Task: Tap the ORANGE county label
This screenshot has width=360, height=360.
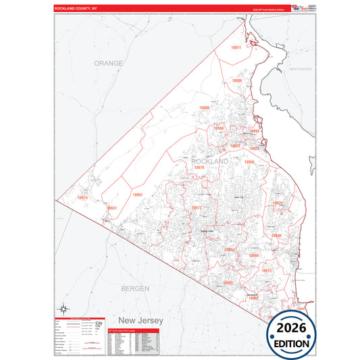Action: click(x=109, y=63)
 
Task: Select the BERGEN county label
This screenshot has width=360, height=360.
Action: click(x=134, y=288)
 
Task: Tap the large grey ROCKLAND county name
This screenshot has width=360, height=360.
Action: click(x=211, y=163)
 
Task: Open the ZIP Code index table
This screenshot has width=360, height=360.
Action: click(x=132, y=342)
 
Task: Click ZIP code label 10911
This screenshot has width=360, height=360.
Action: click(x=235, y=48)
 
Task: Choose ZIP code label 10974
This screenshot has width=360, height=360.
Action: click(x=82, y=197)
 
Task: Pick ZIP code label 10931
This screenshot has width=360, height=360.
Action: click(x=112, y=208)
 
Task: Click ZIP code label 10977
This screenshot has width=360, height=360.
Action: click(x=197, y=208)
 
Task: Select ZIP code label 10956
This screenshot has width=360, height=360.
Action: click(x=249, y=163)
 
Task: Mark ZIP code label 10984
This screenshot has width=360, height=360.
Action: click(x=254, y=256)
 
